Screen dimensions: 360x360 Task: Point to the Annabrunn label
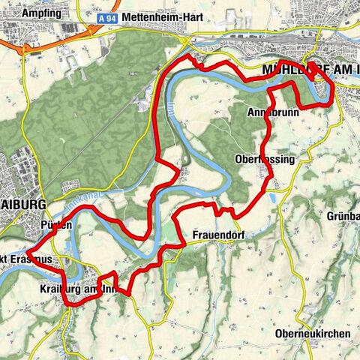click(x=273, y=112)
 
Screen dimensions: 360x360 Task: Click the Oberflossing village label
click(x=265, y=159)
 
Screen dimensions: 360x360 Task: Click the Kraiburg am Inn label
click(x=78, y=289)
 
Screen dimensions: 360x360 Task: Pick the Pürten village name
click(x=57, y=225)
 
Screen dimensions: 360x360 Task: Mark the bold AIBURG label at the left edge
click(x=23, y=204)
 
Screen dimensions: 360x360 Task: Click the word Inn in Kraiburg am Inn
click(x=109, y=289)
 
